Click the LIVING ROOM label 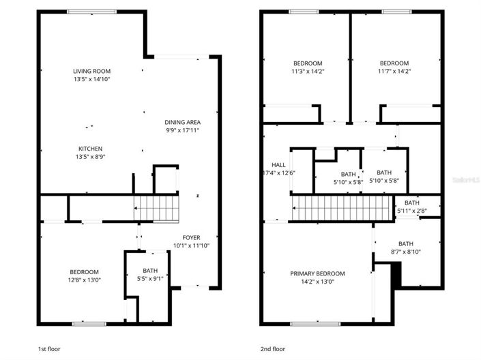(91, 71)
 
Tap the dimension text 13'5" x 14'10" (91, 79)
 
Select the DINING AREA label (182, 122)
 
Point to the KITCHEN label (90, 149)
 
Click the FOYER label (191, 238)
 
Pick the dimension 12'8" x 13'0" (85, 280)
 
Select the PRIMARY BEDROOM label (317, 273)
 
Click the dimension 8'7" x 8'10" (405, 252)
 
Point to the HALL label (278, 164)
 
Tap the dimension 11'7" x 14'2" (394, 71)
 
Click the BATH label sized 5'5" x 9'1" (149, 271)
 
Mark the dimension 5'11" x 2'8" (411, 211)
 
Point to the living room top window (91, 12)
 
